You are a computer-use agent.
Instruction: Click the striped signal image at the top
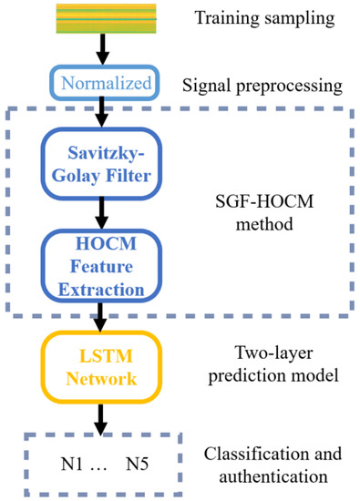click(103, 14)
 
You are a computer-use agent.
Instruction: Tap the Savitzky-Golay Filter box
click(103, 161)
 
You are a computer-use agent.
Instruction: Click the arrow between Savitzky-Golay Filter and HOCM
click(103, 213)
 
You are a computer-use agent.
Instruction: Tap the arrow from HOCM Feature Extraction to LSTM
click(103, 314)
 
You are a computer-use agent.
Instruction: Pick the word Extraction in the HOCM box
click(103, 289)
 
